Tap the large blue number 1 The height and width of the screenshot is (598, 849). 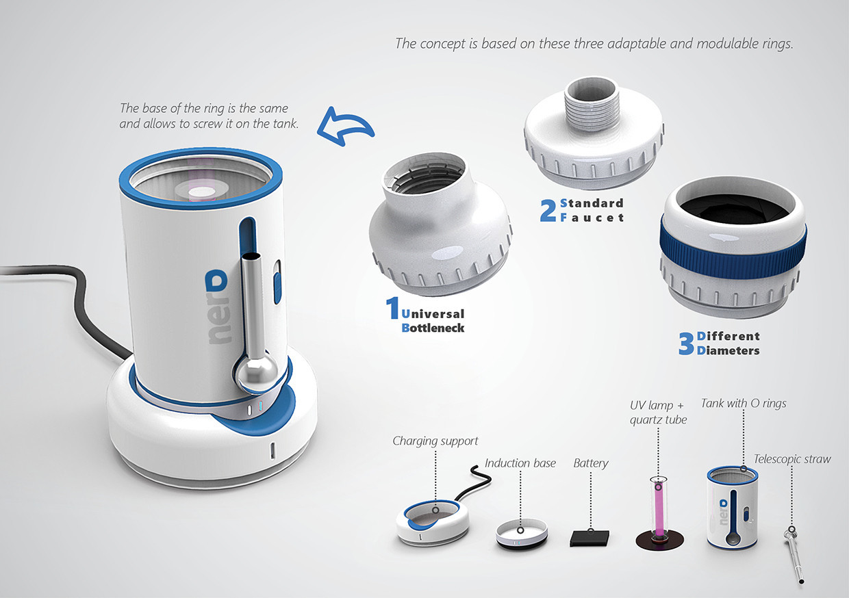pyautogui.click(x=393, y=308)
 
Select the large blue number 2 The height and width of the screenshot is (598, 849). pyautogui.click(x=548, y=210)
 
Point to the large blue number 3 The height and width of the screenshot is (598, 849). pyautogui.click(x=686, y=343)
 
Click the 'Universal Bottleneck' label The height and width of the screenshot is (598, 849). pyautogui.click(x=433, y=321)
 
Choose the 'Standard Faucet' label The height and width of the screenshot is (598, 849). pyautogui.click(x=592, y=210)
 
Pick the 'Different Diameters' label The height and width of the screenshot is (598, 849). pyautogui.click(x=728, y=343)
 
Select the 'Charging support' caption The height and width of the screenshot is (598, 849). pyautogui.click(x=435, y=441)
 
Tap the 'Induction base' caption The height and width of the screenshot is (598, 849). pyautogui.click(x=520, y=463)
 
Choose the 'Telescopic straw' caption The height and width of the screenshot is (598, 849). pyautogui.click(x=792, y=459)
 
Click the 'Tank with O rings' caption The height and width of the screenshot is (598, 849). pyautogui.click(x=744, y=403)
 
